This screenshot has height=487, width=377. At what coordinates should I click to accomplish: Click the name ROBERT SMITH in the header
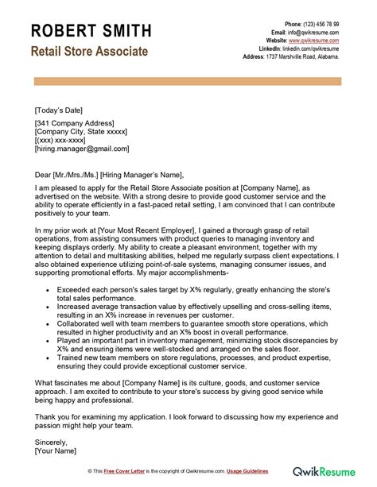coord(91,31)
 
